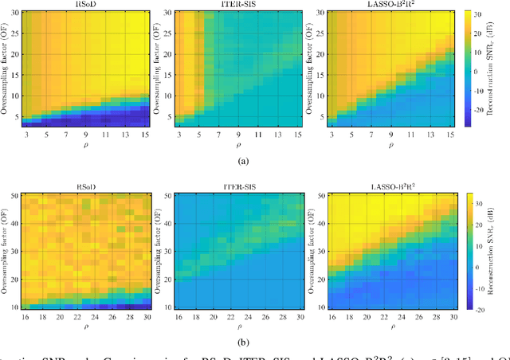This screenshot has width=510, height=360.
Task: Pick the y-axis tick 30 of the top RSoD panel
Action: (x=15, y=12)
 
